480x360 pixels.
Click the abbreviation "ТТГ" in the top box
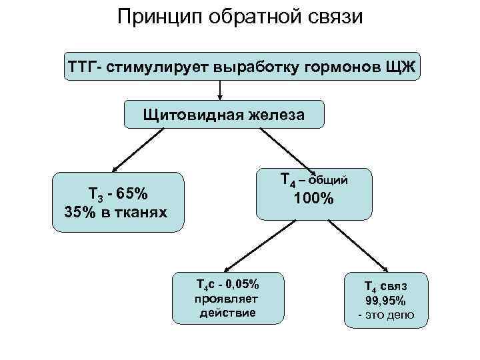[81, 67]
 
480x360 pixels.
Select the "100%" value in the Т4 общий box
[313, 198]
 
